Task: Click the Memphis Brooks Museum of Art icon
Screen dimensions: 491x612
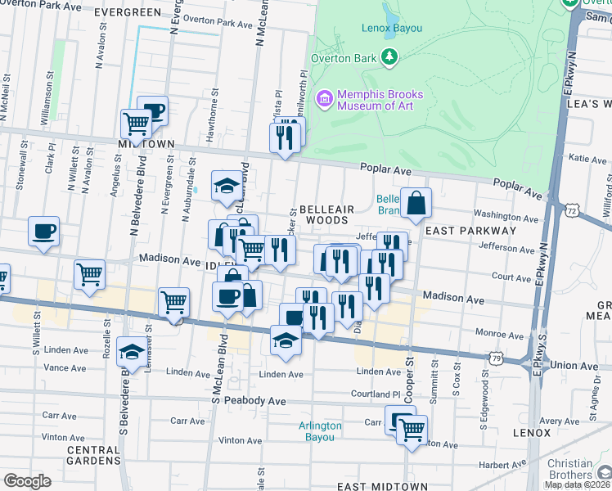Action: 325,100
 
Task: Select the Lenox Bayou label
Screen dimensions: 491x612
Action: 391,28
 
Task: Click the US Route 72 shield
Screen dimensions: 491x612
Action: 569,211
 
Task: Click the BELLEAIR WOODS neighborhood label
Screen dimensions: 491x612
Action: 326,215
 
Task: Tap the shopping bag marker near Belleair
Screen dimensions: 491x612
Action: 416,203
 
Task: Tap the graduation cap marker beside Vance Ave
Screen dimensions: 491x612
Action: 132,352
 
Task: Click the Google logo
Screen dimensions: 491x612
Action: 27,480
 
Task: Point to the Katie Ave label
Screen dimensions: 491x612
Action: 585,158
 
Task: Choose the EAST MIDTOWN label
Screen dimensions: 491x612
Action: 383,486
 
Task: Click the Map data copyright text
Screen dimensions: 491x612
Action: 578,484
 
